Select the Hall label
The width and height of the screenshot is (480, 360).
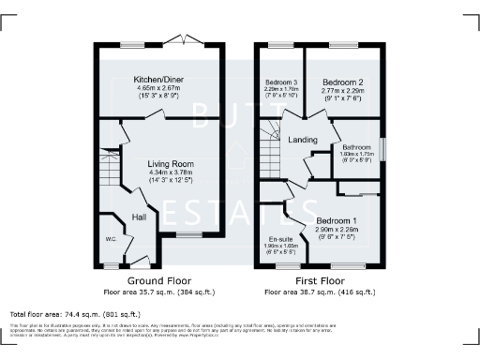(x=139, y=217)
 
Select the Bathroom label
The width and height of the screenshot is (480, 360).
(x=356, y=147)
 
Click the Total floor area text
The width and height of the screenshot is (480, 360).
(x=75, y=313)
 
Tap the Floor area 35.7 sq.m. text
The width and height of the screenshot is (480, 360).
(x=159, y=292)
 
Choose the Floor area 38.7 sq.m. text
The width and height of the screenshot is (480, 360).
(x=319, y=292)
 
